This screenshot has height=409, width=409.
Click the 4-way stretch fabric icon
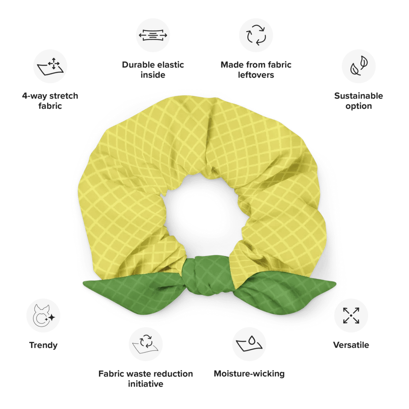point(50,67)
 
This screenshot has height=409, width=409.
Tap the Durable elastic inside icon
point(153,35)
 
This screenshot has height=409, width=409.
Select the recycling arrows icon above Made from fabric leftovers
point(256,35)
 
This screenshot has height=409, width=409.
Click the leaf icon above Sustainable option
point(359,66)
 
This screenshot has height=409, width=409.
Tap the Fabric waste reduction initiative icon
point(146,344)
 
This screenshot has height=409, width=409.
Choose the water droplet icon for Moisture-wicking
point(249,344)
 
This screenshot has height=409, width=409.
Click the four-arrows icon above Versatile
point(351,316)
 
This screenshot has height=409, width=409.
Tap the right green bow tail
point(284,292)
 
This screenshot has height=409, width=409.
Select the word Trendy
point(43,345)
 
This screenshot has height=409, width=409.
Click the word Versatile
point(351,345)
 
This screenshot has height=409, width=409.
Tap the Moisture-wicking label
point(249,373)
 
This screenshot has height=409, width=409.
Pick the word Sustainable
point(359,96)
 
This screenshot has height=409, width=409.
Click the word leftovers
point(256,75)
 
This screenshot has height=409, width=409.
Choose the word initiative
point(146,384)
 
